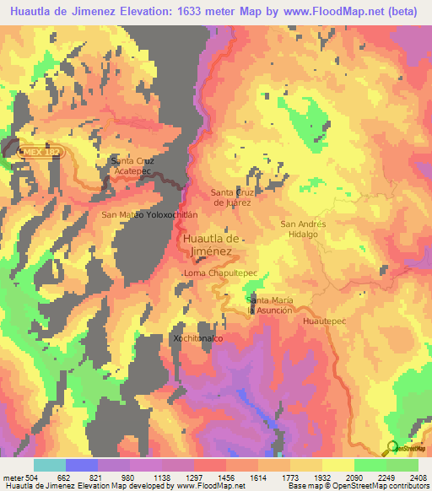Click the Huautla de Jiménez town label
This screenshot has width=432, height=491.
pyautogui.click(x=211, y=245)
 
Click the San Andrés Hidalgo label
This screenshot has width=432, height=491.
pyautogui.click(x=303, y=229)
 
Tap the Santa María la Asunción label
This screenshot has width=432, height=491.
pyautogui.click(x=270, y=305)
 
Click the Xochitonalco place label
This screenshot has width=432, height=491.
pyautogui.click(x=197, y=337)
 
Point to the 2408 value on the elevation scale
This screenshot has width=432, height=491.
pyautogui.click(x=417, y=477)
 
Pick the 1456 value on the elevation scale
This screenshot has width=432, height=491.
pyautogui.click(x=225, y=477)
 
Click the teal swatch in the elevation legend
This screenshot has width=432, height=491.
pyautogui.click(x=50, y=465)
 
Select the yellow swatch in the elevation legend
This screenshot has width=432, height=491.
pyautogui.click(x=337, y=465)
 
